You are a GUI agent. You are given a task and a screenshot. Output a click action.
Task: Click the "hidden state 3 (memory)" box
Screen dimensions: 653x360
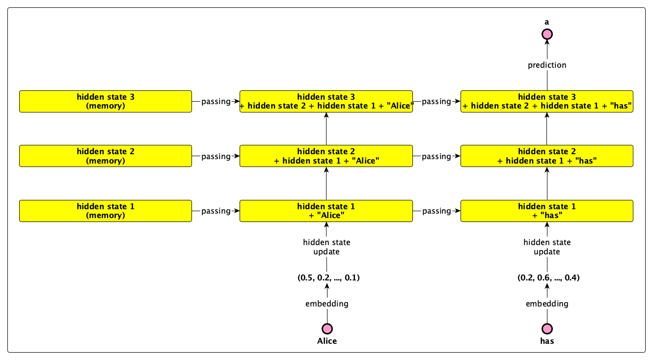click(x=106, y=102)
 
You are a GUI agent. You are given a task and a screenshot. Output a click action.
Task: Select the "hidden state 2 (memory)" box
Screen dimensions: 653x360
click(x=106, y=156)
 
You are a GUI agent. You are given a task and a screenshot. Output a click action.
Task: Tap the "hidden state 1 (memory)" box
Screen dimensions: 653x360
click(x=106, y=211)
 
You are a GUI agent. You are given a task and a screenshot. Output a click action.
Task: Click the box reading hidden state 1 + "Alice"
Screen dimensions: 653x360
click(x=326, y=211)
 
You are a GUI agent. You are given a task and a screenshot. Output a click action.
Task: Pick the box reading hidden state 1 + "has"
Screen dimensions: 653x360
click(x=547, y=211)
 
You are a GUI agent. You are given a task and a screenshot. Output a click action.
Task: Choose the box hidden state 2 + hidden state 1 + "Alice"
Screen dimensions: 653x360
click(x=326, y=156)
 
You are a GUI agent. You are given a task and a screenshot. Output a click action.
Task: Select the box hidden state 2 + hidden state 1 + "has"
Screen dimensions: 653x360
click(x=547, y=156)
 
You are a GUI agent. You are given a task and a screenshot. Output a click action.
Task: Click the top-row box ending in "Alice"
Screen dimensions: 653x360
click(x=326, y=102)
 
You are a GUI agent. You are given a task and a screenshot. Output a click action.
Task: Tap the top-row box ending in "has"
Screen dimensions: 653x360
click(x=547, y=102)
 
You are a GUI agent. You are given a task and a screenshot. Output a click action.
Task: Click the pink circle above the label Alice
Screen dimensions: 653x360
click(x=327, y=329)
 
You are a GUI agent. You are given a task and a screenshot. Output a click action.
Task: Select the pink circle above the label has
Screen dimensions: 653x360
click(x=547, y=329)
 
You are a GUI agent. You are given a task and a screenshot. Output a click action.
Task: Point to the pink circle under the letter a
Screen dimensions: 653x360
click(x=547, y=34)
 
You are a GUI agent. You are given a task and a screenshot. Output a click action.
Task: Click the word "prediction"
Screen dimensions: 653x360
click(x=547, y=65)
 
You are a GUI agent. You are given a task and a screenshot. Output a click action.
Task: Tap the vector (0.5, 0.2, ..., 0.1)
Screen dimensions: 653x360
click(x=328, y=277)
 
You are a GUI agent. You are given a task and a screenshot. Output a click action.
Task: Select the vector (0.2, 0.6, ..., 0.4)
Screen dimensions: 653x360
click(x=548, y=277)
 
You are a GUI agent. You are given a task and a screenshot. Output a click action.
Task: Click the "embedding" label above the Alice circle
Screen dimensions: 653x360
click(x=327, y=304)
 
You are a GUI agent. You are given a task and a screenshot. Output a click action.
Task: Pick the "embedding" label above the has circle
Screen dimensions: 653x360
click(x=547, y=304)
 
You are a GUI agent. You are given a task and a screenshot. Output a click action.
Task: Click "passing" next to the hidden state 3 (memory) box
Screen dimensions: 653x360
click(x=216, y=102)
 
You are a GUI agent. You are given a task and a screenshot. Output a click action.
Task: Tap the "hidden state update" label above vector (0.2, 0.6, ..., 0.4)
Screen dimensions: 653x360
click(x=547, y=247)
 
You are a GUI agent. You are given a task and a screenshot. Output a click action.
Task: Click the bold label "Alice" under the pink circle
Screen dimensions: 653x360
click(x=327, y=341)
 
